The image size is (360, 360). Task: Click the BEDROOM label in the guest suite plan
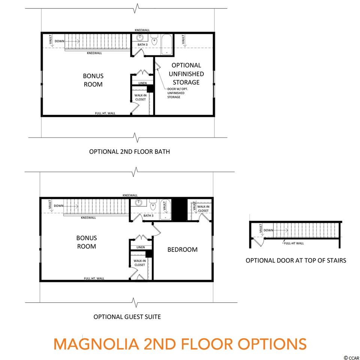pyautogui.click(x=182, y=250)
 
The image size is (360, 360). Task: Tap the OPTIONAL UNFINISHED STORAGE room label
pyautogui.click(x=186, y=74)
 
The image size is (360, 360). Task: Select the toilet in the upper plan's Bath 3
pyautogui.click(x=154, y=40)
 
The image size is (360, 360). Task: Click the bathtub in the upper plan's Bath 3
pyautogui.click(x=166, y=45)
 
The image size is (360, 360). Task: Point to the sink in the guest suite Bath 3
pyautogui.click(x=139, y=203)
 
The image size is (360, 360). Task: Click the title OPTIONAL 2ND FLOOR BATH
pyautogui.click(x=129, y=151)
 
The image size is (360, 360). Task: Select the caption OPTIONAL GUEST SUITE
pyautogui.click(x=127, y=317)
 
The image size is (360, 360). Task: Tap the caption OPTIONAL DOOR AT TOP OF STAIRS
pyautogui.click(x=296, y=260)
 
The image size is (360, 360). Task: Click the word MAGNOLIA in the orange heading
pyautogui.click(x=96, y=344)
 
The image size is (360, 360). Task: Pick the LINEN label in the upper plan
pyautogui.click(x=142, y=83)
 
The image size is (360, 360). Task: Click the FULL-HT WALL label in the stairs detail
pyautogui.click(x=294, y=243)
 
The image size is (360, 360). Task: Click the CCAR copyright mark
pyautogui.click(x=351, y=357)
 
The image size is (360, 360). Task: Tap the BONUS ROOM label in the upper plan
pyautogui.click(x=93, y=80)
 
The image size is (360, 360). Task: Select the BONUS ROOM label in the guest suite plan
pyautogui.click(x=87, y=242)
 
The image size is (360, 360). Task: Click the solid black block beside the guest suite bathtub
pyautogui.click(x=179, y=209)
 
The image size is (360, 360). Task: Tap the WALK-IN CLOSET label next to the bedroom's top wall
pyautogui.click(x=203, y=209)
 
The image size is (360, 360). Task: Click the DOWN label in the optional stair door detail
pyautogui.click(x=268, y=230)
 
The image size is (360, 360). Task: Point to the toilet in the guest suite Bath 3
pyautogui.click(x=153, y=205)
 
